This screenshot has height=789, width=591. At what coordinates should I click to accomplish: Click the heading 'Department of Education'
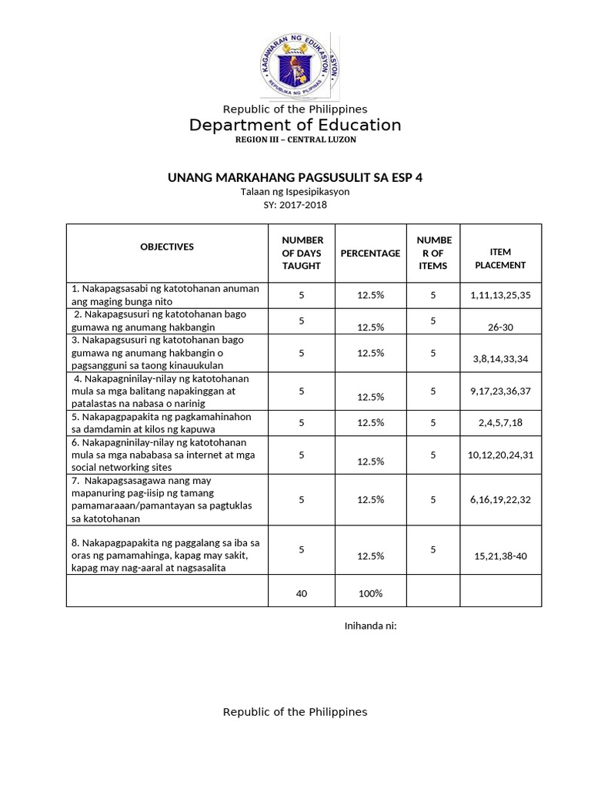click(295, 125)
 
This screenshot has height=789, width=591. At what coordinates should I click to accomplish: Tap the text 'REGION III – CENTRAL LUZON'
click(295, 139)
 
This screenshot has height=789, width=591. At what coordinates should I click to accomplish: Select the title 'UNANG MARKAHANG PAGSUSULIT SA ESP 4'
click(295, 178)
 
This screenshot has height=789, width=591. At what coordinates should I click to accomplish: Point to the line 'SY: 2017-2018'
click(295, 205)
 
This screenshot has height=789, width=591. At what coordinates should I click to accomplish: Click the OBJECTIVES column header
click(167, 247)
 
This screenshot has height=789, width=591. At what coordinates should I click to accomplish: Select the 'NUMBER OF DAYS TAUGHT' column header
click(302, 253)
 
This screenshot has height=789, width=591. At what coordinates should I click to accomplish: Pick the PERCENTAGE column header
click(370, 253)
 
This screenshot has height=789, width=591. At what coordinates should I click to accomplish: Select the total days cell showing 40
click(302, 593)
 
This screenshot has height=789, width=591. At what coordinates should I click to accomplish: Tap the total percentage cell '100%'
click(370, 593)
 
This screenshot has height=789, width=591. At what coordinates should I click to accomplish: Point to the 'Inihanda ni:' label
click(369, 625)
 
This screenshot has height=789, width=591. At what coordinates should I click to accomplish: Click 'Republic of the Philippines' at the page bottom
click(295, 711)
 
